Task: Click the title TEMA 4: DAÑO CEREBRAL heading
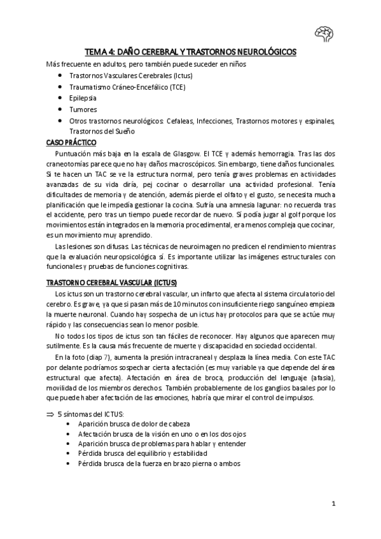pyautogui.click(x=191, y=53)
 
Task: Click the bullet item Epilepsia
pyautogui.click(x=83, y=98)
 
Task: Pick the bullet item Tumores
pyautogui.click(x=83, y=109)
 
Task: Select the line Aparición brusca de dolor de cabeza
pyautogui.click(x=134, y=423)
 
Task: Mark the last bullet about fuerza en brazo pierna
pyautogui.click(x=150, y=464)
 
